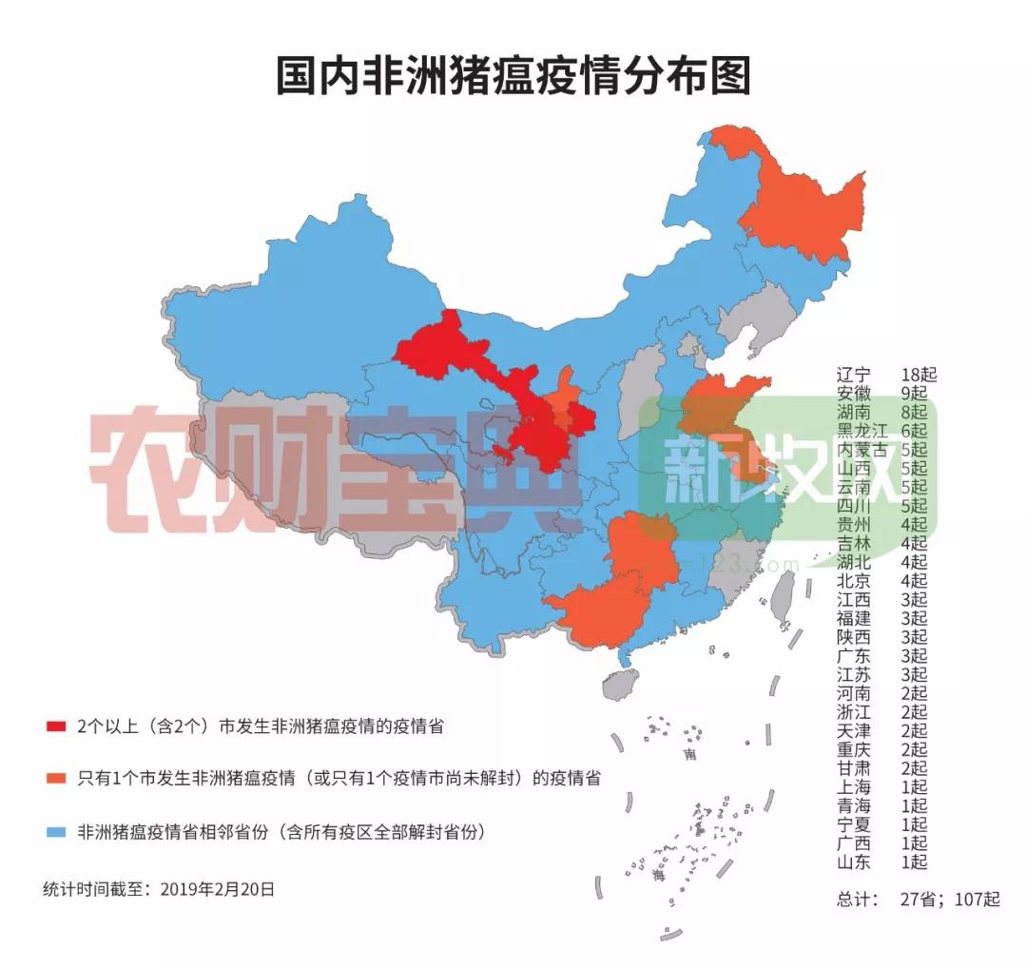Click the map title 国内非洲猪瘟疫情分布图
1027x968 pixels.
(513, 76)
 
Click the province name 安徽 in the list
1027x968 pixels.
(853, 393)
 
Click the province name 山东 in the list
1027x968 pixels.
(853, 862)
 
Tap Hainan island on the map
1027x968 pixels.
(621, 684)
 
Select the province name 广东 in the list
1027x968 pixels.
(853, 656)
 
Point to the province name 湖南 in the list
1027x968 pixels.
(853, 412)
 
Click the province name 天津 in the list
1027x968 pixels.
(853, 731)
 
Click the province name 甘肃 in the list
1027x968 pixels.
(853, 768)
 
